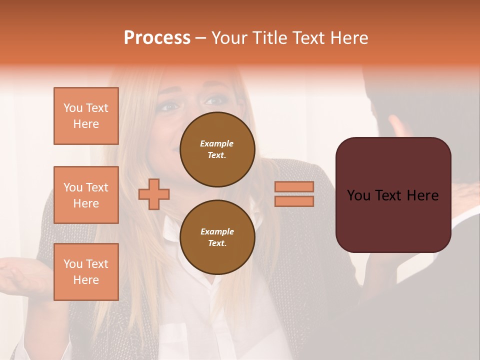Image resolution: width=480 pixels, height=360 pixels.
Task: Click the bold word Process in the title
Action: click(x=157, y=38)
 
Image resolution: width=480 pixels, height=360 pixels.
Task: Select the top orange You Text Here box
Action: click(x=86, y=116)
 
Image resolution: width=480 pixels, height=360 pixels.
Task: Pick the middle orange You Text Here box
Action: click(x=86, y=195)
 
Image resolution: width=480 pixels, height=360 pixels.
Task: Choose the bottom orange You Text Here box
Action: click(x=86, y=272)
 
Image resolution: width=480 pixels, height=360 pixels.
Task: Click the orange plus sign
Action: click(x=154, y=194)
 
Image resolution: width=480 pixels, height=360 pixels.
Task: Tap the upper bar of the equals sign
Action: click(x=294, y=186)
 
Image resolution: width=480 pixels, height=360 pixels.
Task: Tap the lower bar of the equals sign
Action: click(x=294, y=201)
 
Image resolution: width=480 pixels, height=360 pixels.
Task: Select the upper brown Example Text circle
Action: click(x=217, y=149)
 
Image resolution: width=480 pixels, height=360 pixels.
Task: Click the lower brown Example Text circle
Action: click(x=217, y=237)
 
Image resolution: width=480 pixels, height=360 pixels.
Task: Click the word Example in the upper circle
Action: click(x=217, y=143)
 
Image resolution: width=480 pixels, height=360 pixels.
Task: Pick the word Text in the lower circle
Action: click(x=217, y=243)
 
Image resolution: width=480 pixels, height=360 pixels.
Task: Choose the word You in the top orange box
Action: click(x=72, y=108)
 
